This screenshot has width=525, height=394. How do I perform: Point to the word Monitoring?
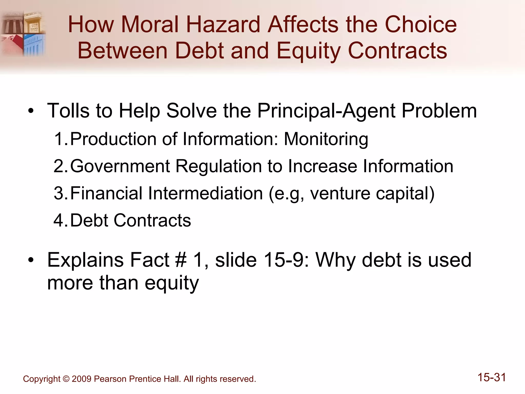click(326, 139)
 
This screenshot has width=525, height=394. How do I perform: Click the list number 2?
click(59, 166)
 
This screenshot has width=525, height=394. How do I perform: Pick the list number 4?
click(59, 221)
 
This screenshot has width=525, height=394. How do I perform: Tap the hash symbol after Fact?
click(181, 260)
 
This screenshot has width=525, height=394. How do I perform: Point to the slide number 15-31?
click(491, 378)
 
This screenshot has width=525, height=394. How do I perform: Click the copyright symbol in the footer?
click(66, 379)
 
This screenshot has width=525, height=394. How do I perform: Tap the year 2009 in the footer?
click(82, 379)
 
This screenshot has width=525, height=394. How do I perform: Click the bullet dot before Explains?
click(31, 260)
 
